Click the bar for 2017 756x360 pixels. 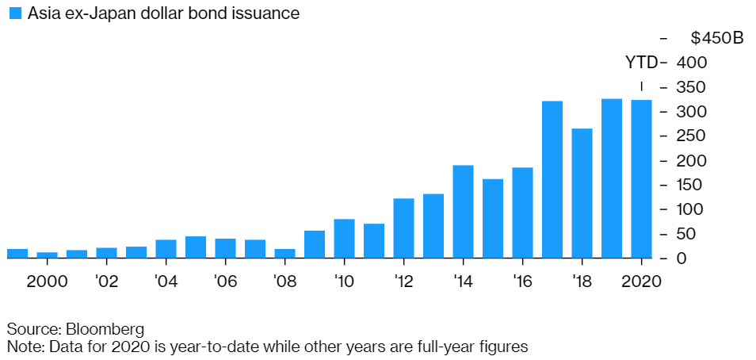coord(552,180)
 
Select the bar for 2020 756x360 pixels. coord(641,179)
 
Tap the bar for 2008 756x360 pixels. coord(284,254)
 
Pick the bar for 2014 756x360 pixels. coord(463,212)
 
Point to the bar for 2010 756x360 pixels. coord(344,239)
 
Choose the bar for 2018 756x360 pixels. coord(582,193)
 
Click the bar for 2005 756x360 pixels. coord(196,247)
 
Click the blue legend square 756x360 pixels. coord(13,13)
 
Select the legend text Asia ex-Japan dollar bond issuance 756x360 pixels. coord(163,14)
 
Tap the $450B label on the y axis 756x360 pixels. coord(716,38)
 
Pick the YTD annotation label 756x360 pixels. coord(641,63)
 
